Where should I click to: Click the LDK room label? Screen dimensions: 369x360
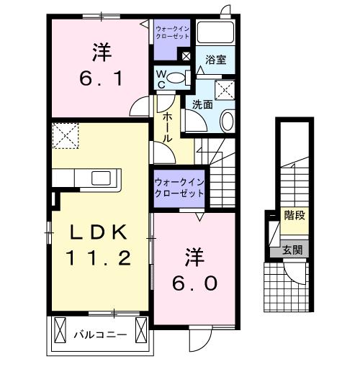point(100,232)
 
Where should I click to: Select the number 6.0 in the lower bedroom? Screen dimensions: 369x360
point(193,283)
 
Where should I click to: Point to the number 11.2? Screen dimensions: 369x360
point(100,258)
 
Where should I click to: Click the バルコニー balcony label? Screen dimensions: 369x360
point(100,334)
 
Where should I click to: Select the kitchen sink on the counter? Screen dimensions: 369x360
point(100,177)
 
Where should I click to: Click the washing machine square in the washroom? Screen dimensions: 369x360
point(227,90)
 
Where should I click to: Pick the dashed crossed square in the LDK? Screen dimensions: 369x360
point(66,135)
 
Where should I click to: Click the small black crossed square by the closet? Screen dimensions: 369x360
point(186,55)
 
